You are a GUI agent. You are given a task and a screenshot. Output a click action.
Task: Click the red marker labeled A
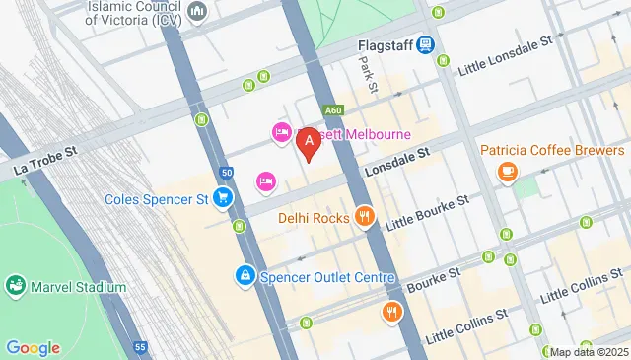pyautogui.click(x=308, y=144)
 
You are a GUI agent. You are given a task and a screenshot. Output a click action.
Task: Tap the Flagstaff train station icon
pyautogui.click(x=425, y=44)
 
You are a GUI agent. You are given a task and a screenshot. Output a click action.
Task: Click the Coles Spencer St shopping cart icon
pyautogui.click(x=224, y=198)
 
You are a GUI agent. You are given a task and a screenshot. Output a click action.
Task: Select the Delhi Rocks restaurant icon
pyautogui.click(x=365, y=217)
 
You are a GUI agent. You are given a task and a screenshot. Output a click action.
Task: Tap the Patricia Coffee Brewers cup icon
pyautogui.click(x=508, y=174)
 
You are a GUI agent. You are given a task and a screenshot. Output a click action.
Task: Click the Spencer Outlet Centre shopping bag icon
pyautogui.click(x=244, y=277)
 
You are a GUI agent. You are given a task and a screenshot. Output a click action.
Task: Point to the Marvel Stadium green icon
pyautogui.click(x=16, y=287)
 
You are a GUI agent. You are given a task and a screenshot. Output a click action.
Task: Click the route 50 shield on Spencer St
pyautogui.click(x=227, y=173)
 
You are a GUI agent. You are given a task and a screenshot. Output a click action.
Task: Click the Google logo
pyautogui.click(x=33, y=347)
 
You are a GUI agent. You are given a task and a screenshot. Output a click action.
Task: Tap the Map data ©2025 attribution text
pyautogui.click(x=588, y=352)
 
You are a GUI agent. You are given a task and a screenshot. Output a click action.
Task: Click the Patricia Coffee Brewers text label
pyautogui.click(x=553, y=150)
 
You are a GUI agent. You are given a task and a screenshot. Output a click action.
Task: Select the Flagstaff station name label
pyautogui.click(x=383, y=44)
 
